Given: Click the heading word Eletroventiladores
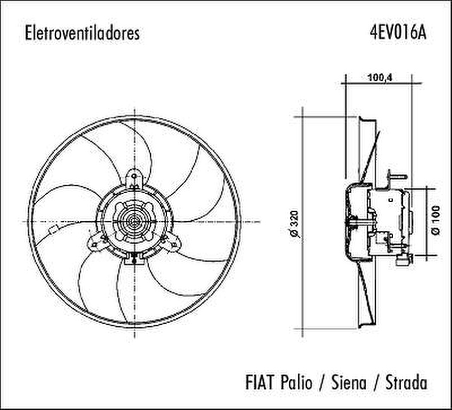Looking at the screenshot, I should tap(82, 33).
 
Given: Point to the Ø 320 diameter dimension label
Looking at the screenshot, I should tap(295, 224).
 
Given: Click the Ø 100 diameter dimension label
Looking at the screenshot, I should tap(435, 221).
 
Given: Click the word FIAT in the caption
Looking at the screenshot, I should tap(260, 382).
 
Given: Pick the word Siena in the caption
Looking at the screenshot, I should tap(350, 382).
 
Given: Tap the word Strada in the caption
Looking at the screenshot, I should tap(406, 382).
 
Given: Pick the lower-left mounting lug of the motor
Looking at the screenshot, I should tap(97, 242).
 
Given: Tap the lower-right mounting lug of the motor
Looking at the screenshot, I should tap(172, 242).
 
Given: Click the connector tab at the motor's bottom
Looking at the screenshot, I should tap(134, 259).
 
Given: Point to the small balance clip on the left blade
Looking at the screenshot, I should tap(52, 230).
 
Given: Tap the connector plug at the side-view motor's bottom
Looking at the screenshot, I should tap(403, 259).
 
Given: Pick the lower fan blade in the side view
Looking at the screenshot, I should tap(367, 296).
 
